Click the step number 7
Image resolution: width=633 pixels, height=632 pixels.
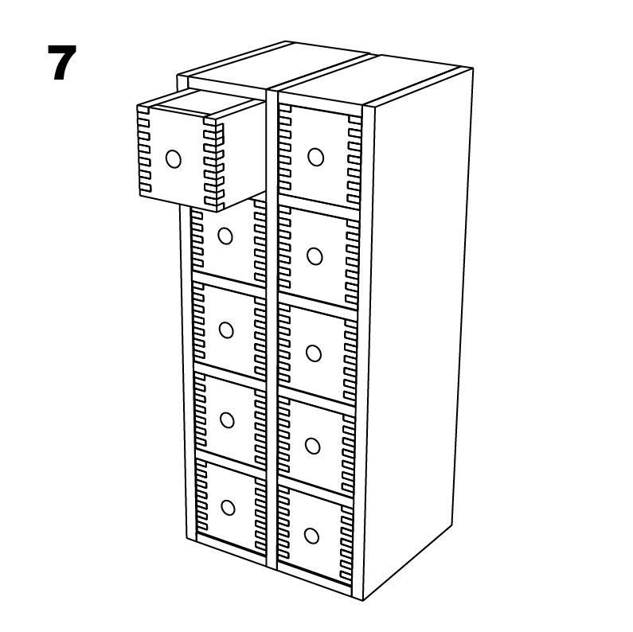point(62,63)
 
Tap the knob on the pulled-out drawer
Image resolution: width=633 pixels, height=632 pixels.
point(174,159)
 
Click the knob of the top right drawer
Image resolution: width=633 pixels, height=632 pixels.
point(315,157)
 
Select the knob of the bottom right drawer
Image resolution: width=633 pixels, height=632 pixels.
point(311,536)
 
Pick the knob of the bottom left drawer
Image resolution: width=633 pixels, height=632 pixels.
point(228,508)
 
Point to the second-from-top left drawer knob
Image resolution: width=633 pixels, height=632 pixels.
point(225,236)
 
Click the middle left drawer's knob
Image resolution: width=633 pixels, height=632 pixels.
point(226,330)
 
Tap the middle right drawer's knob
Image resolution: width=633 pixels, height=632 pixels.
point(314,353)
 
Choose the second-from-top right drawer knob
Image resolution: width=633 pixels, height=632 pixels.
point(315,256)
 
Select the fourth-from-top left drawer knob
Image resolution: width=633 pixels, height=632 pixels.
point(227,420)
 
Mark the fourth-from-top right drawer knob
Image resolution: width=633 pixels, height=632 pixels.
point(312,446)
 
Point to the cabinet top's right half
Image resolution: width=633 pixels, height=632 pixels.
point(369,79)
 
